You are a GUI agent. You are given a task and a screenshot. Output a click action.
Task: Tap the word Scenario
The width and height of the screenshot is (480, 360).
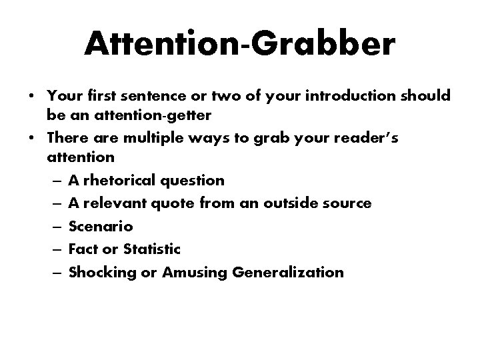click(x=96, y=227)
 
